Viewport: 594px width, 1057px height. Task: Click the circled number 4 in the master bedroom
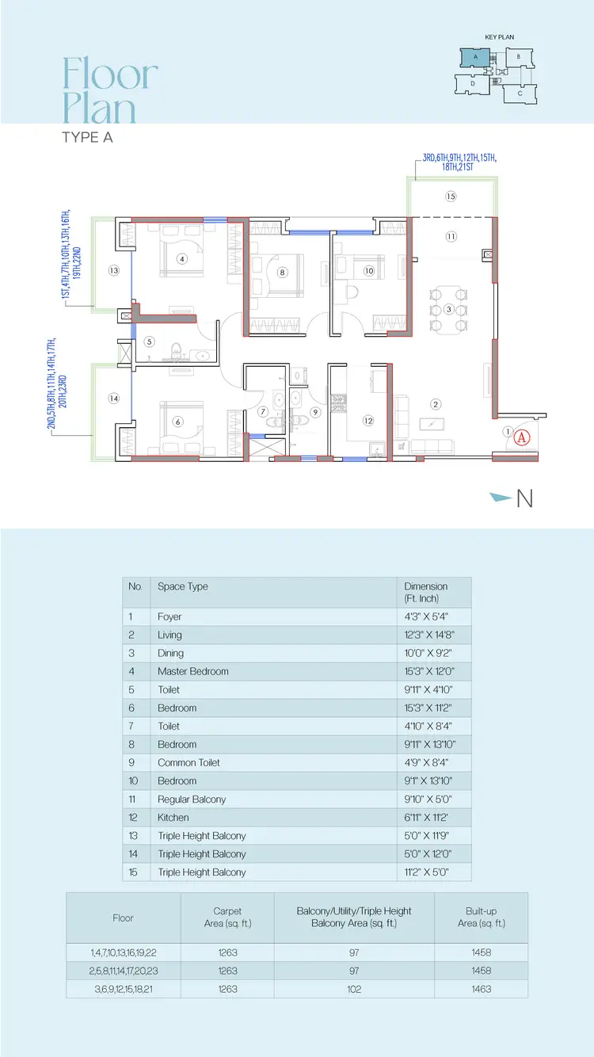click(x=182, y=258)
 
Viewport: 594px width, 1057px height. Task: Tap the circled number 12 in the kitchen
click(x=368, y=421)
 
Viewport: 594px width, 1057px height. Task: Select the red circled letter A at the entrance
click(x=521, y=438)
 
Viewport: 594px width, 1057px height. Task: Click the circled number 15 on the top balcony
click(x=451, y=197)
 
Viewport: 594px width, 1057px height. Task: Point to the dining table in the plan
click(x=448, y=310)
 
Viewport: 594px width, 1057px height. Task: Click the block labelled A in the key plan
click(x=475, y=58)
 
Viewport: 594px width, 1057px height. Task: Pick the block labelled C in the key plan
click(x=520, y=93)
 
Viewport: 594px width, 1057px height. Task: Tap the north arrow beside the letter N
click(x=501, y=497)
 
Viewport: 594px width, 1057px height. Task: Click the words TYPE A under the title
click(x=87, y=137)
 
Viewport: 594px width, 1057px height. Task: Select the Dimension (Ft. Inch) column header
click(x=425, y=592)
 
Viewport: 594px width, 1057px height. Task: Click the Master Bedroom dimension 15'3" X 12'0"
click(x=429, y=671)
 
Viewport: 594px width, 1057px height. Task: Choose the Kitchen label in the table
click(x=173, y=817)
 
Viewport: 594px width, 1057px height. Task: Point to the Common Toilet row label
click(x=188, y=762)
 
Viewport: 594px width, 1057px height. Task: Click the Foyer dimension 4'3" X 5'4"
click(x=426, y=616)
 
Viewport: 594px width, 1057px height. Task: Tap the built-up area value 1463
click(x=482, y=989)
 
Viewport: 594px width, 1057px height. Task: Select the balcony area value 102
click(x=354, y=989)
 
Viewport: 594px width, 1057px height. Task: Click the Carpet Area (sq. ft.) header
click(x=227, y=917)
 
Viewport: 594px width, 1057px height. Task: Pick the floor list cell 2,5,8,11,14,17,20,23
click(x=124, y=971)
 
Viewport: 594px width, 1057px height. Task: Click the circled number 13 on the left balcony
click(x=114, y=270)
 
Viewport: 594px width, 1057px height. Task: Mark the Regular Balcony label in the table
click(x=192, y=799)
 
